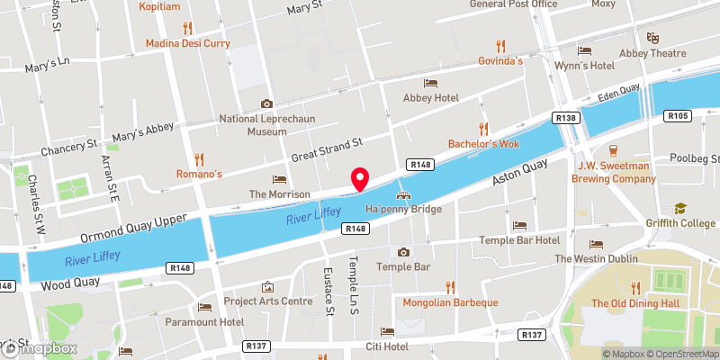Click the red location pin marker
[x=360, y=179]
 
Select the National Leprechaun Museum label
[x=265, y=125]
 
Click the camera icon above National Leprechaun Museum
[x=265, y=104]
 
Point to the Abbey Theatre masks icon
[x=652, y=38]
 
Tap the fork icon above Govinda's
[x=501, y=45]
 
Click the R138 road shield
[x=566, y=117]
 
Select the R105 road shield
[x=678, y=115]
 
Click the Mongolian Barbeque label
[x=450, y=302]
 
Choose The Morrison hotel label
[x=279, y=194]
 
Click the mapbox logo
[x=38, y=349]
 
